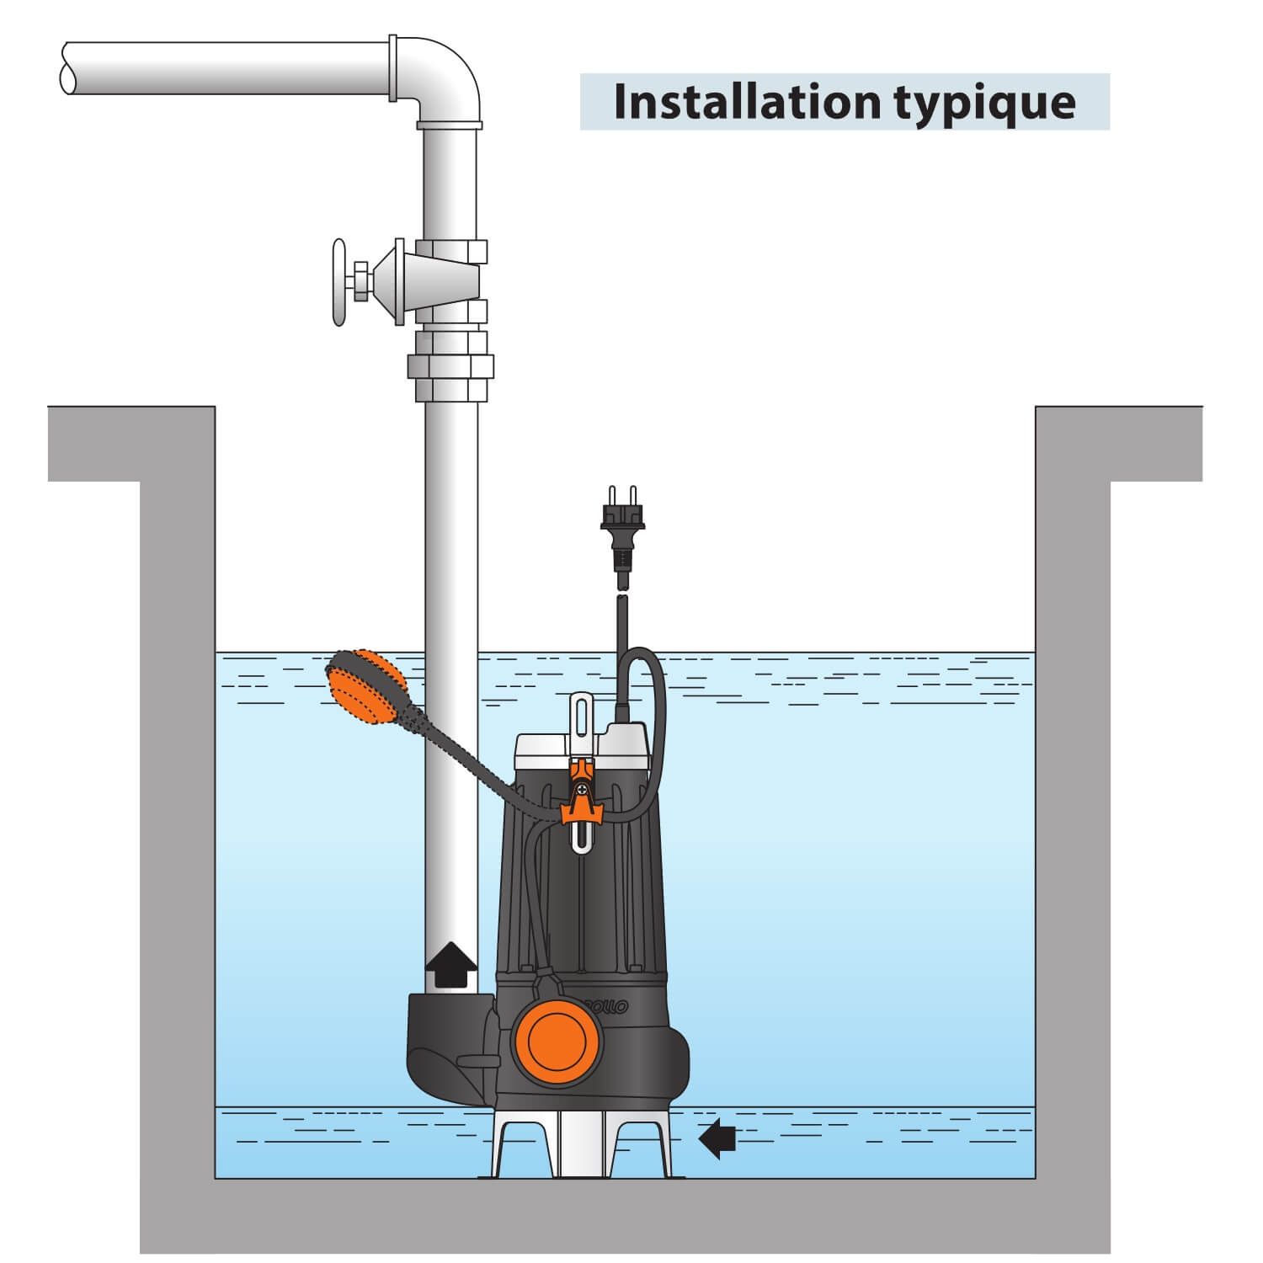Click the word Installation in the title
pyautogui.click(x=740, y=102)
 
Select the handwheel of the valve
pyautogui.click(x=339, y=281)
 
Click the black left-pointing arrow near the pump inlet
pyautogui.click(x=717, y=1138)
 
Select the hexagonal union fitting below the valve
pyautogui.click(x=450, y=365)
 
